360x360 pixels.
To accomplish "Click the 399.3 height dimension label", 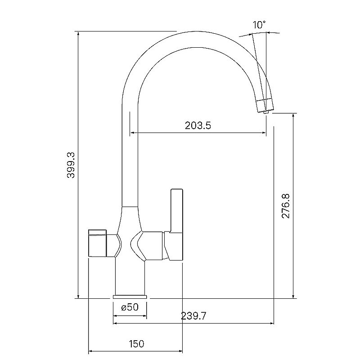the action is point(71,165).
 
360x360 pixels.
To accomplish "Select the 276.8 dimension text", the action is point(286,206).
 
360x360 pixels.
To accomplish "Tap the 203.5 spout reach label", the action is point(198,126).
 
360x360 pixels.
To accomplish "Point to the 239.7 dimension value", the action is point(193,316).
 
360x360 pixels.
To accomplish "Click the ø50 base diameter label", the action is point(130,307).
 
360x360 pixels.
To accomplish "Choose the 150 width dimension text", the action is point(137,344).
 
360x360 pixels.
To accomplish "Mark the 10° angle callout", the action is point(259,25).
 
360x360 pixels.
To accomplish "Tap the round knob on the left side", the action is point(97,243).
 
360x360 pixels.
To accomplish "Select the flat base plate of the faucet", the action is point(130,297).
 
